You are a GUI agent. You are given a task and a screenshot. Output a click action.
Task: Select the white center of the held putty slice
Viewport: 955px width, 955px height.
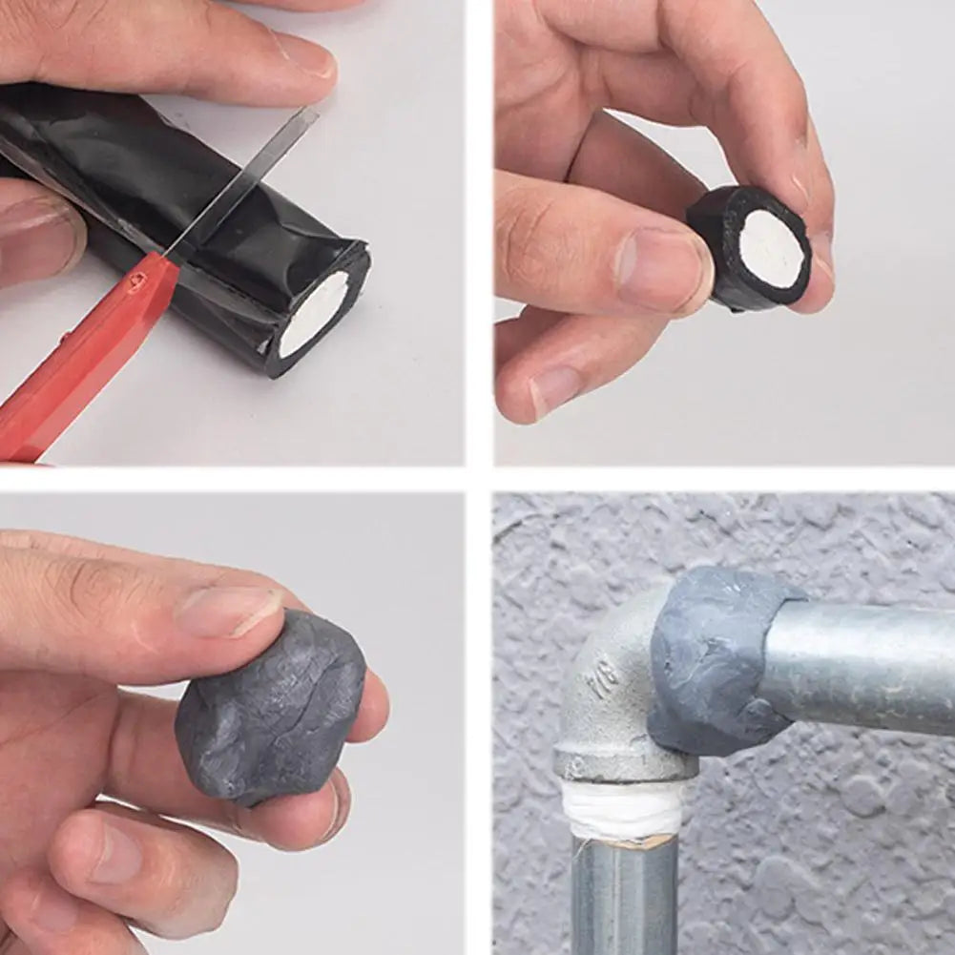pyautogui.click(x=770, y=249)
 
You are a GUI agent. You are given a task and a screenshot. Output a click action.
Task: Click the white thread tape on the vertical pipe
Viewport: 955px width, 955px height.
pyautogui.click(x=621, y=811)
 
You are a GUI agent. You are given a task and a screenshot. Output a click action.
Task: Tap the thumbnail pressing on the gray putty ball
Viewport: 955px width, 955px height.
pyautogui.click(x=229, y=612)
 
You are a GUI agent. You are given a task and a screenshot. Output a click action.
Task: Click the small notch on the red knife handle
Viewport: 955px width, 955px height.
pyautogui.click(x=139, y=279)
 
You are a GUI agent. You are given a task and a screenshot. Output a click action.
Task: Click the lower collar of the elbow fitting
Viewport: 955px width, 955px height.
pyautogui.click(x=625, y=764)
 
